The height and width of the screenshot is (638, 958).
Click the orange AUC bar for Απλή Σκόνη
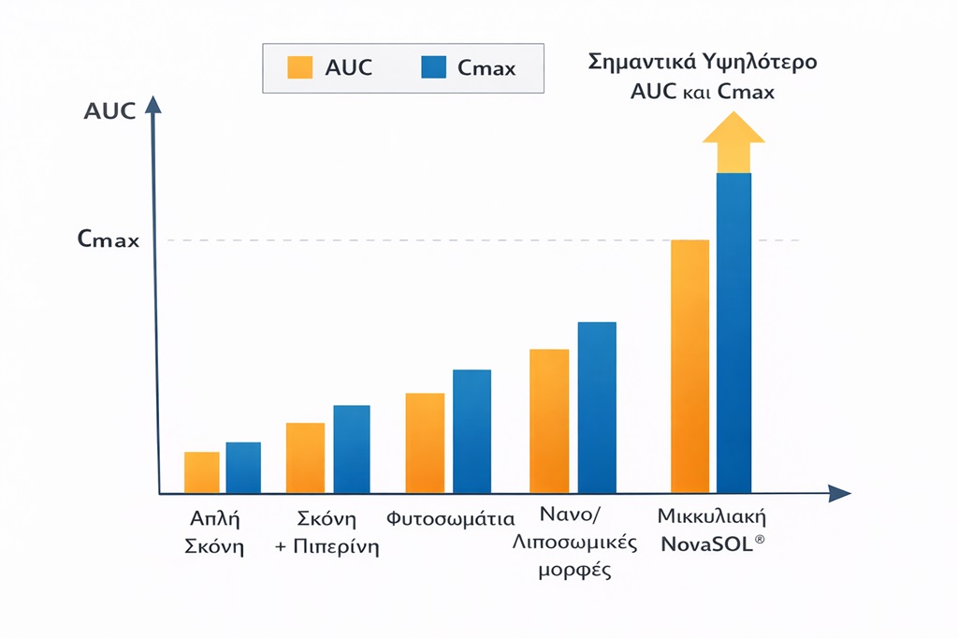[x=202, y=472]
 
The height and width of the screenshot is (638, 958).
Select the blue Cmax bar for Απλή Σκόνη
[x=243, y=468]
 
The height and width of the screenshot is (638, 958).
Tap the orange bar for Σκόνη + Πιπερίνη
[x=305, y=457]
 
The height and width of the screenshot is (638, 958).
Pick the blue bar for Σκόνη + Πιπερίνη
[x=352, y=449]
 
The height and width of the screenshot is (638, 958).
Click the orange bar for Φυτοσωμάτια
[x=425, y=442]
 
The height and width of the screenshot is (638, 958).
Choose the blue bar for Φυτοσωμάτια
[x=472, y=431]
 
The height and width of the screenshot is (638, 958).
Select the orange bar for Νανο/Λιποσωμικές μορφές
[x=549, y=421]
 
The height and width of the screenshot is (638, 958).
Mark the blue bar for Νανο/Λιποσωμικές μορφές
[x=597, y=407]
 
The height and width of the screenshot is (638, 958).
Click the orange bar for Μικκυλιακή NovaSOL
[x=690, y=366]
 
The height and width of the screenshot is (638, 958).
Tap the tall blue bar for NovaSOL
[x=733, y=332]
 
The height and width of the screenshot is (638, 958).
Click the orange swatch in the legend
[x=300, y=67]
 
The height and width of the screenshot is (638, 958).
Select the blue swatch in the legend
[x=433, y=67]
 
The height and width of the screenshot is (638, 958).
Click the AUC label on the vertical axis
[x=109, y=111]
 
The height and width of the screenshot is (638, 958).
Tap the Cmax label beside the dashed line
[x=109, y=240]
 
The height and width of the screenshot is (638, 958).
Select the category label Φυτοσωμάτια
[x=451, y=518]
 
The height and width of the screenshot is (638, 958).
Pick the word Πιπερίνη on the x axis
[x=340, y=547]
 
